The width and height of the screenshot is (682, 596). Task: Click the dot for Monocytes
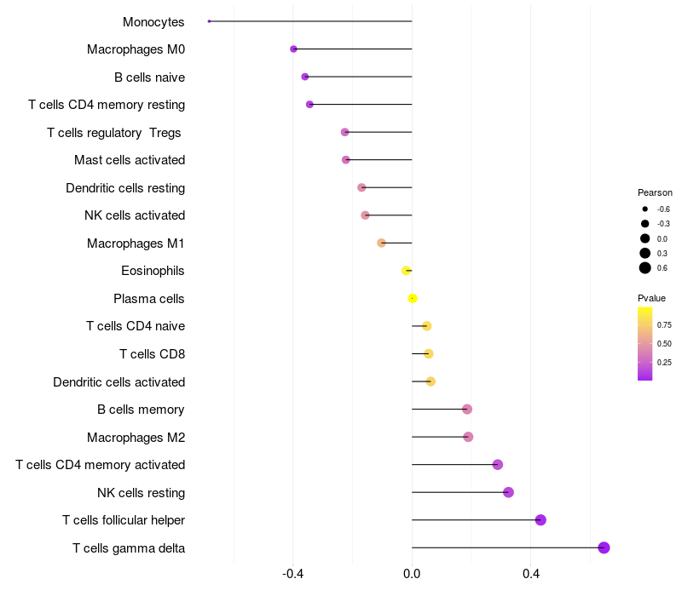click(209, 21)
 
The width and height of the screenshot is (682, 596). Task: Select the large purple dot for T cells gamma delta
click(604, 547)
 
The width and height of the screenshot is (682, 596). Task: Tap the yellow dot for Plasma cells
click(413, 299)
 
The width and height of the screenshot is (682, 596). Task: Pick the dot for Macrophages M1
click(381, 243)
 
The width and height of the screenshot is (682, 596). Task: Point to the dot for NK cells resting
click(508, 492)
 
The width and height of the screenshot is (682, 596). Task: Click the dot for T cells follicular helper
click(540, 519)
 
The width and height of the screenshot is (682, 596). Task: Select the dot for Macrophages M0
click(293, 49)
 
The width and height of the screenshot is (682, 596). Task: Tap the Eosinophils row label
click(153, 271)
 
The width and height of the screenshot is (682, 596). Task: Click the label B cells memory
click(141, 410)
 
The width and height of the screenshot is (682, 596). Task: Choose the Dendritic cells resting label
click(125, 187)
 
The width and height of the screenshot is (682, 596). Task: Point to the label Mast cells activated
click(130, 160)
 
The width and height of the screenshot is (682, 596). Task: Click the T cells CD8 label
click(153, 354)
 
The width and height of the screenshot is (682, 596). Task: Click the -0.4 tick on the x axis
click(292, 574)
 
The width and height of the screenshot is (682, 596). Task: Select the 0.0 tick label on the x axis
click(412, 574)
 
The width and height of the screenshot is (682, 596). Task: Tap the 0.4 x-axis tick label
click(530, 574)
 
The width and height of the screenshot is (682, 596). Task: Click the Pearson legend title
click(655, 192)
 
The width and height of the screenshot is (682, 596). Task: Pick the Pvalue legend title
click(651, 298)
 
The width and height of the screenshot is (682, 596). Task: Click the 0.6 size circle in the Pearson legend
click(645, 268)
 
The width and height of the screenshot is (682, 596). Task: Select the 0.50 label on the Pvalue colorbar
click(664, 344)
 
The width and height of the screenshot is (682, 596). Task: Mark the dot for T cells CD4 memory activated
click(498, 464)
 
